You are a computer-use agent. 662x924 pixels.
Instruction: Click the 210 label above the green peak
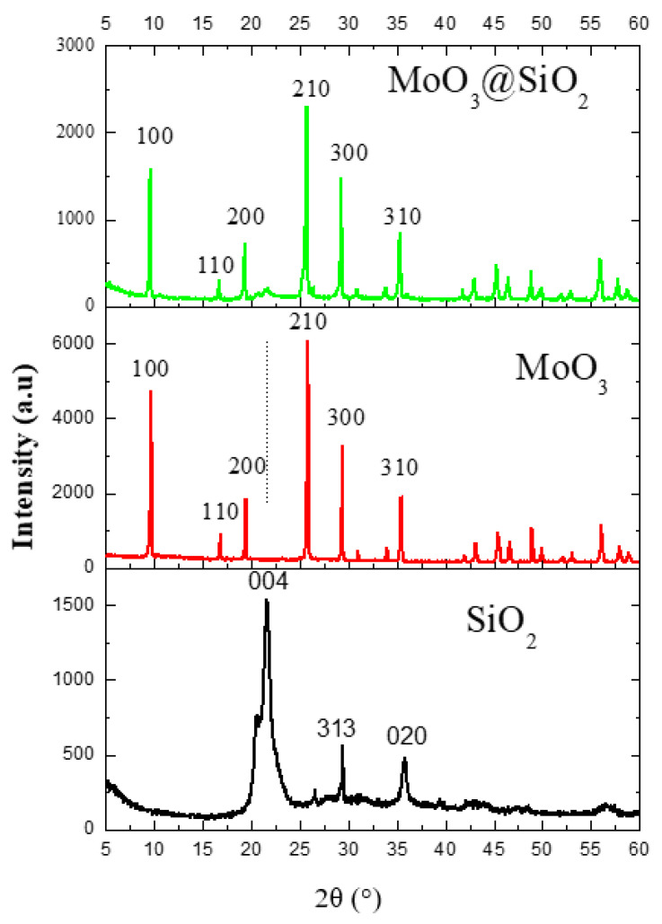[x=311, y=89]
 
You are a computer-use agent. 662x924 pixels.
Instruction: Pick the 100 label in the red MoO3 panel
[x=151, y=368]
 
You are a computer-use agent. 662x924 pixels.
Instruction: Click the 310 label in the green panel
[x=400, y=216]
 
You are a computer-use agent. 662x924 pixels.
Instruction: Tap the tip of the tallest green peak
[x=307, y=107]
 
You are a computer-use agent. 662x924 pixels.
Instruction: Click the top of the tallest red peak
[x=307, y=341]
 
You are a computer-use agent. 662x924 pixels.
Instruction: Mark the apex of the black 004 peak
[x=267, y=600]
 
